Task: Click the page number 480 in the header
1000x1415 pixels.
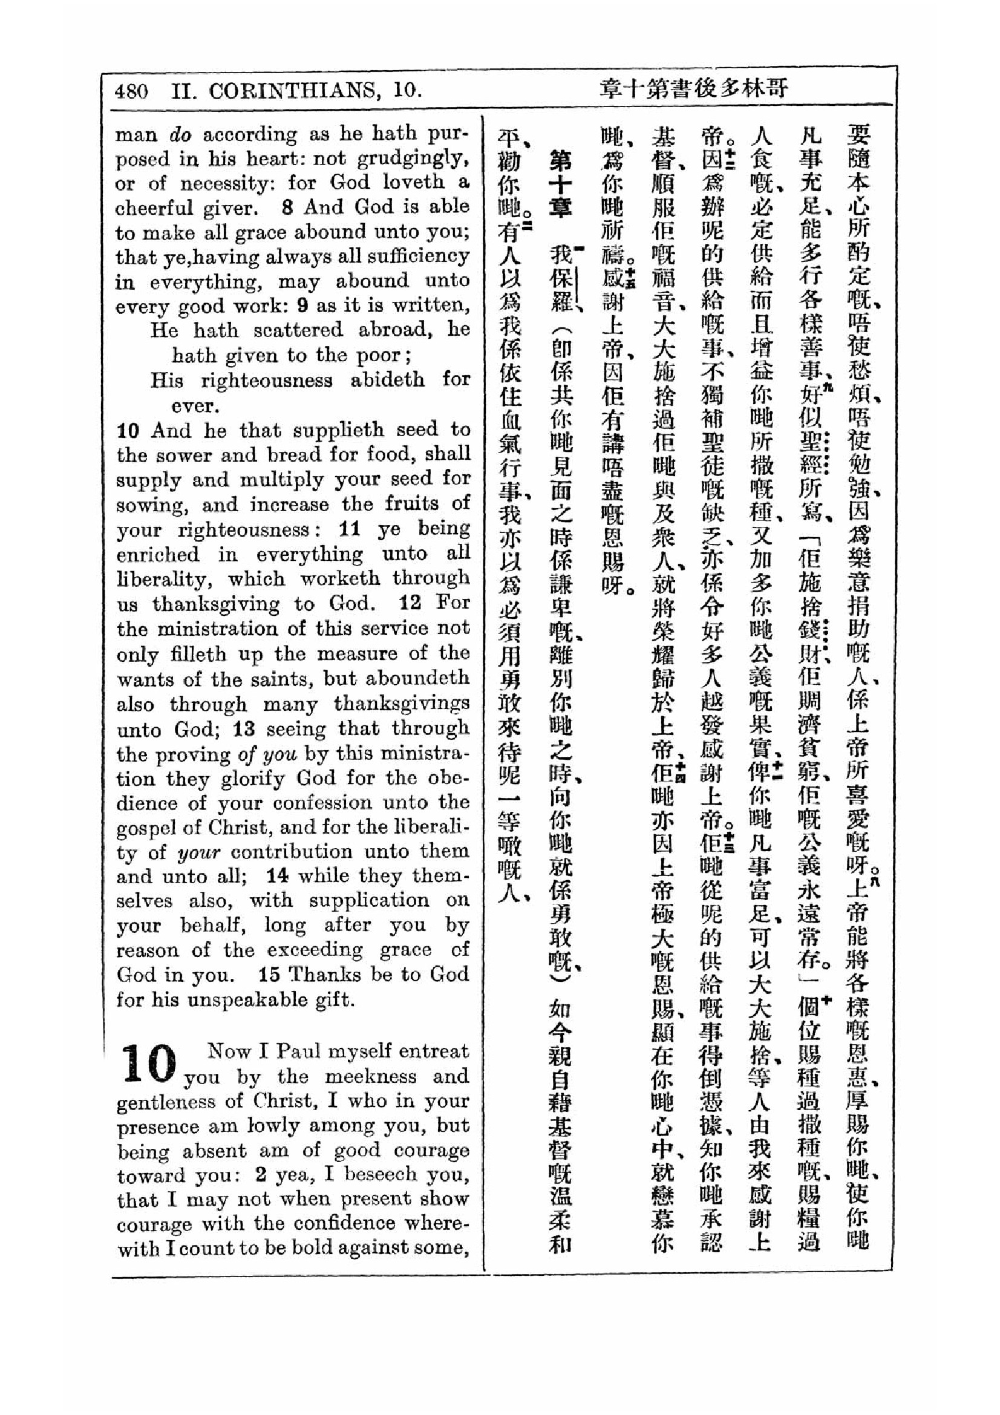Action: (131, 91)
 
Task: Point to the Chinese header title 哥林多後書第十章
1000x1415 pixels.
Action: (693, 89)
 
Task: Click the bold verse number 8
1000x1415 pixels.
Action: (287, 207)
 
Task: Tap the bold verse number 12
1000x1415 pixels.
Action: (410, 603)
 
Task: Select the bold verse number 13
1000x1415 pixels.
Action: (244, 729)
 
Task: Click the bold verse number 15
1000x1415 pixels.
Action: (270, 975)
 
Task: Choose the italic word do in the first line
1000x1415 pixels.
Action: (180, 134)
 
